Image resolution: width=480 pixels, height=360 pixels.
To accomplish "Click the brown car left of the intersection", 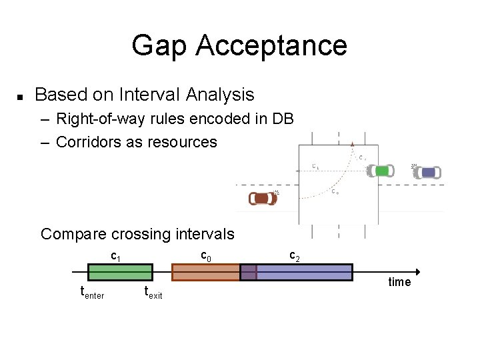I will pos(262,198).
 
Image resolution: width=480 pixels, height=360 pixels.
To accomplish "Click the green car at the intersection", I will pos(381,171).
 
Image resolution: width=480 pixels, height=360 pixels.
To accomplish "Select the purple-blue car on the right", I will pos(427,173).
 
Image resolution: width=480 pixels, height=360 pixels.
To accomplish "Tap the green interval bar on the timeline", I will pos(120,272).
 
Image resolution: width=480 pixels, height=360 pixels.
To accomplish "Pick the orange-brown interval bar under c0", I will pos(205,272).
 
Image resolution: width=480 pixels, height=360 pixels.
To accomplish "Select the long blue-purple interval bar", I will pos(304,272).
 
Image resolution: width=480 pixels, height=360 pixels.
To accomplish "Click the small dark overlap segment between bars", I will pos(248,272).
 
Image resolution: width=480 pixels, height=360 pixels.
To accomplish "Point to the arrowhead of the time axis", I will pos(417,272).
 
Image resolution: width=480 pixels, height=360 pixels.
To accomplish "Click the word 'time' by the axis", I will pos(399,282).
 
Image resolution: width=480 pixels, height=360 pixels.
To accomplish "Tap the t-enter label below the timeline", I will pos(92,292).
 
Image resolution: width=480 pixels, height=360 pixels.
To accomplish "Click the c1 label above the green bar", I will pos(115,255).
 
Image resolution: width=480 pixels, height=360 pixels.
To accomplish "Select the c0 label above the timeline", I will pos(207,255).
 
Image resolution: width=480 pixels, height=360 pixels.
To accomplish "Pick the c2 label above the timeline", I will pos(294,255).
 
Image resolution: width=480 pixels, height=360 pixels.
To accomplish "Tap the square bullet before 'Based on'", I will pos(20,97).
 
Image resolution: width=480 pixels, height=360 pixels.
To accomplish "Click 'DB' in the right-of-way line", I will pos(283,119).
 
